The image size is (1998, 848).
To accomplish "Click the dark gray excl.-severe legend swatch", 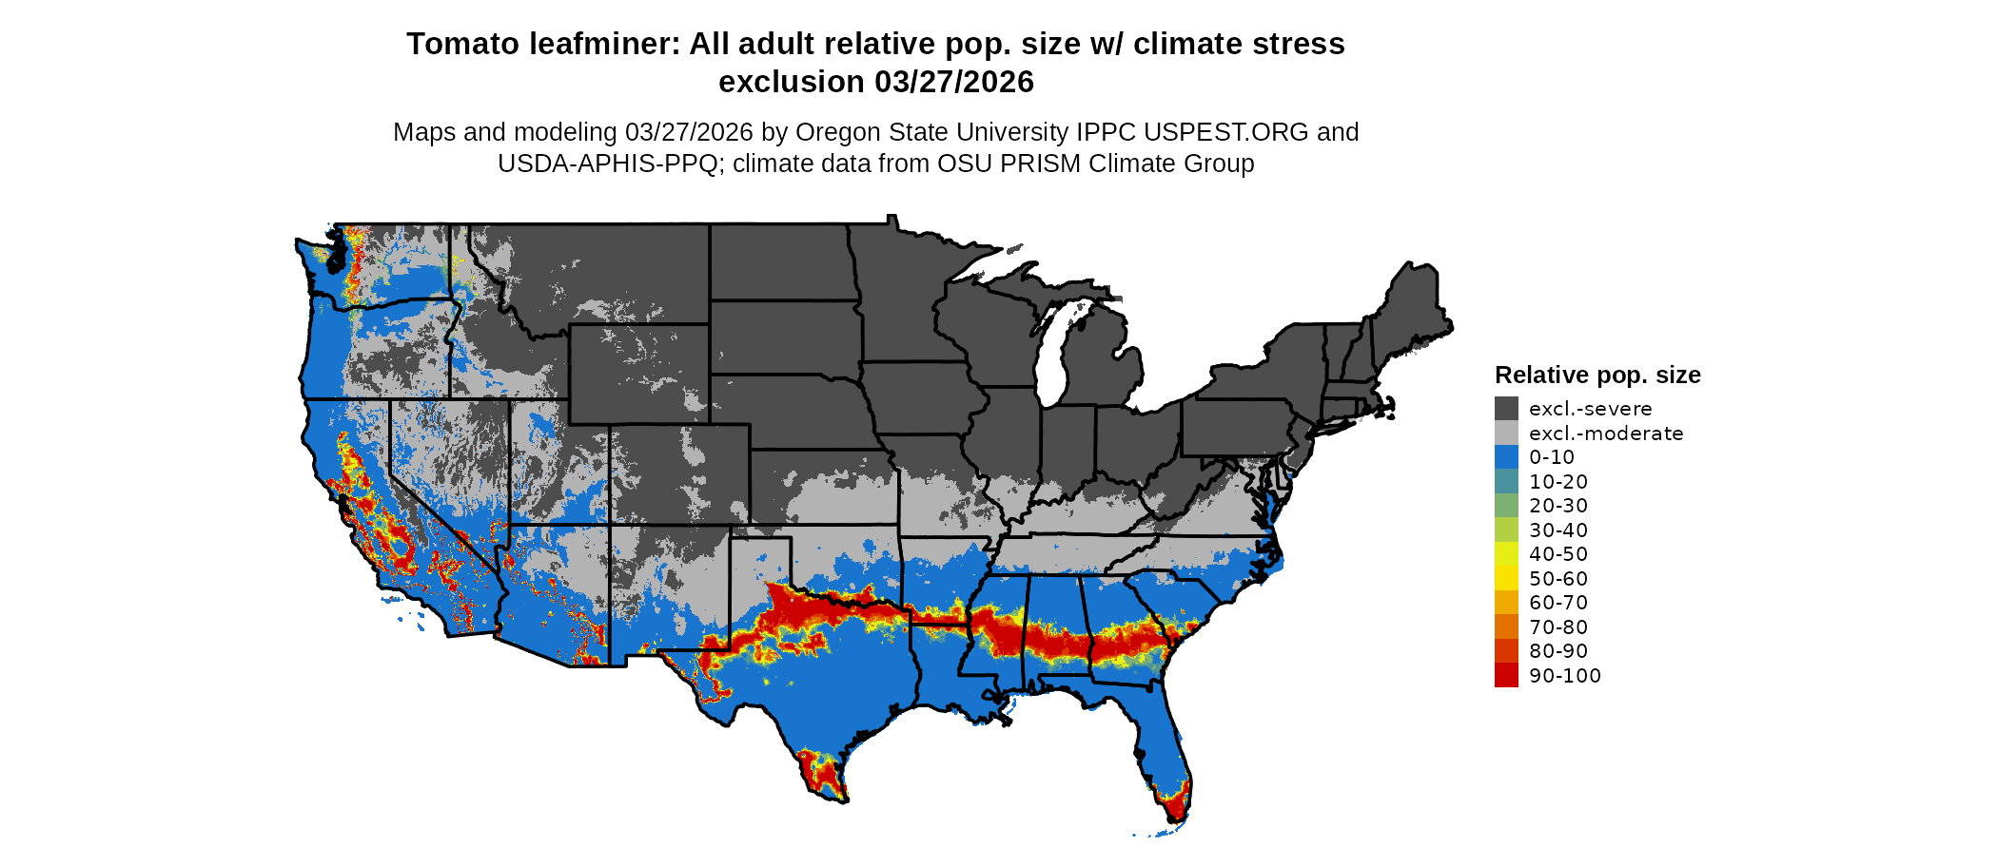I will [1506, 409].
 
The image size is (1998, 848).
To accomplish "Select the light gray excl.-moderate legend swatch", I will [1506, 434].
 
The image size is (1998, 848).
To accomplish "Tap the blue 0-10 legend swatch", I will [1506, 457].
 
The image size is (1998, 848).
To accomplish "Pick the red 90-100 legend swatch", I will [1506, 675].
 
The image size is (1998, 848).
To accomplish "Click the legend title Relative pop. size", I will [1597, 375].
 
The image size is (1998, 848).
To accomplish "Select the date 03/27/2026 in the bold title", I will [954, 82].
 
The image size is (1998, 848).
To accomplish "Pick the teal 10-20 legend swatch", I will [1506, 482].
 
